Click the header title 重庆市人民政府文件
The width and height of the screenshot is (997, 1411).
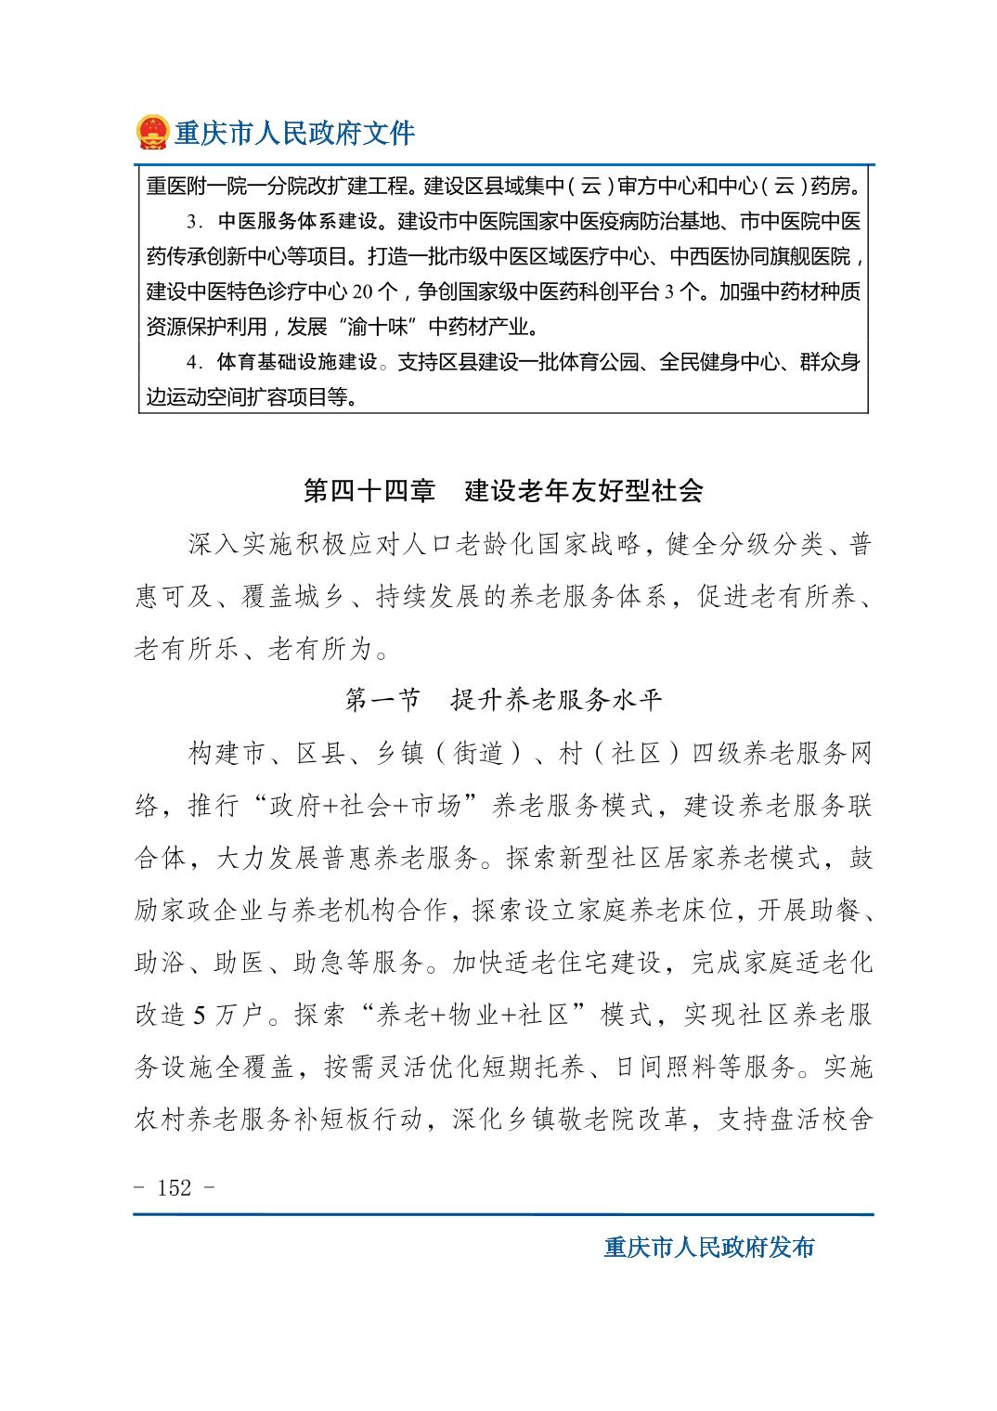pos(295,134)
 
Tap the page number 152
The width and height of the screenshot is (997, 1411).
pos(175,1187)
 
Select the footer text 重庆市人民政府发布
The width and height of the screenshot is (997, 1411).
pos(708,1247)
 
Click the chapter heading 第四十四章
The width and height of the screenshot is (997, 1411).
pos(369,491)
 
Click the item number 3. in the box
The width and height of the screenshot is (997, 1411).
pos(195,223)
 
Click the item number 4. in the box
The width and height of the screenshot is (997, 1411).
pos(195,362)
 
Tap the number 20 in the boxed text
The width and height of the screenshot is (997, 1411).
pos(362,292)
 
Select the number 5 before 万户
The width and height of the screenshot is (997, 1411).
pos(199,1016)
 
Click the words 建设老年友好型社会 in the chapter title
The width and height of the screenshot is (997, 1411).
pos(584,491)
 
